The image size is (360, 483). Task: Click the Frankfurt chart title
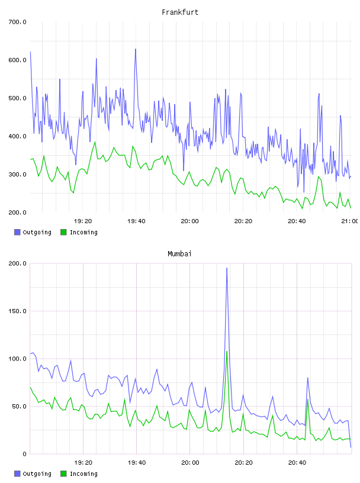180,12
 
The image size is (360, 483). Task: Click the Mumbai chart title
179,254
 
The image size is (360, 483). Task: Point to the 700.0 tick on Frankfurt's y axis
17,22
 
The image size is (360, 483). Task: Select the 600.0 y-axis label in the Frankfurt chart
17,60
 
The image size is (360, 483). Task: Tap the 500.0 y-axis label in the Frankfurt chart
17,98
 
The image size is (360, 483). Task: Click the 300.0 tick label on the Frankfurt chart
17,175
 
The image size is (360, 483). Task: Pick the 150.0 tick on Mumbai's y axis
17,311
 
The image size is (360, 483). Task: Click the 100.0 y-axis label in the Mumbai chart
17,359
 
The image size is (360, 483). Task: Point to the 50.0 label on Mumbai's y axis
19,406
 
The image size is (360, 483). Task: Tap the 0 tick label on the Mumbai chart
25,454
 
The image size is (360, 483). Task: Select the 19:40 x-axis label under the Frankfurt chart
136,221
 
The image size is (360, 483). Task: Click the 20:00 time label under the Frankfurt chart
190,221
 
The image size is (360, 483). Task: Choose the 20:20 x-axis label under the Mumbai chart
243,463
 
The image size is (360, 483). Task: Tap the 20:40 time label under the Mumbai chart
297,463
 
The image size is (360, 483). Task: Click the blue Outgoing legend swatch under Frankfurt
17,232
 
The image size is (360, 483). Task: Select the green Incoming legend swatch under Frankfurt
63,232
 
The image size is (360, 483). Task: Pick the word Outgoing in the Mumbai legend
37,474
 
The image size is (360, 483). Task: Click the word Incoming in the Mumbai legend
83,474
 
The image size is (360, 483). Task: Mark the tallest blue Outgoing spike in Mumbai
227,268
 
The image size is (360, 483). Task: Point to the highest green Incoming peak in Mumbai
227,352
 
